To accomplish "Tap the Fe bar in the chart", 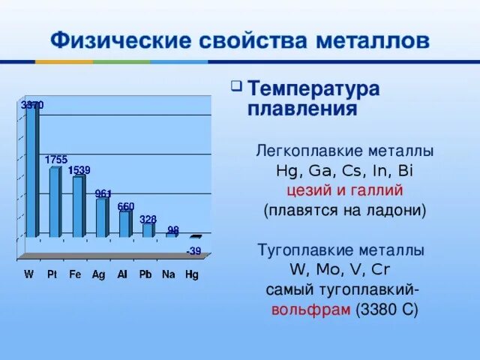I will click(78, 207).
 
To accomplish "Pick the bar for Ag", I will click(101, 217).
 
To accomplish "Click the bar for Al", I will click(124, 223).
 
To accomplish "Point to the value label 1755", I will click(56, 160).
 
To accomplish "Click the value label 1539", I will click(79, 170).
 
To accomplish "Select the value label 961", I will click(103, 193).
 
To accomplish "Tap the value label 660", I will click(126, 206).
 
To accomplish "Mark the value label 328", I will click(148, 219).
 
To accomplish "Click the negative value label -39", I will click(193, 250).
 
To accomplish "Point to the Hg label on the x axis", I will click(192, 274).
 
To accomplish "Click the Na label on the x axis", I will click(169, 274).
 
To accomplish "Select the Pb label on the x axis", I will click(145, 274).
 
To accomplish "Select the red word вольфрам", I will click(311, 310).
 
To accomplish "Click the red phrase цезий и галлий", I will click(344, 190).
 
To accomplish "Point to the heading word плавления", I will click(301, 109).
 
